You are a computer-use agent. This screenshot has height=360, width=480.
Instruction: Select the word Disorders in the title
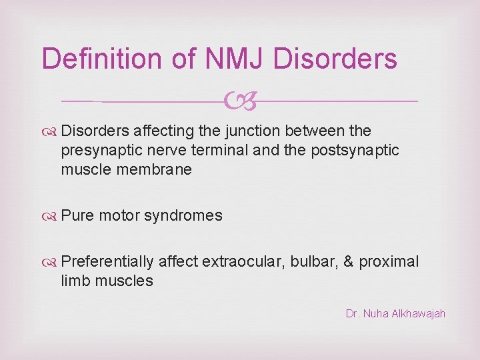[336, 59]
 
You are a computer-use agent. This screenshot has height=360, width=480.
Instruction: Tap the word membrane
[157, 169]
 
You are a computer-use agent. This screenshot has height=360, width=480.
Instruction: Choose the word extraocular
[242, 261]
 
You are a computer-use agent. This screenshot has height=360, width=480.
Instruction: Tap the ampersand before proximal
[348, 261]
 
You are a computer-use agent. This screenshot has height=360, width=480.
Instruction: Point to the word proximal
[389, 261]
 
